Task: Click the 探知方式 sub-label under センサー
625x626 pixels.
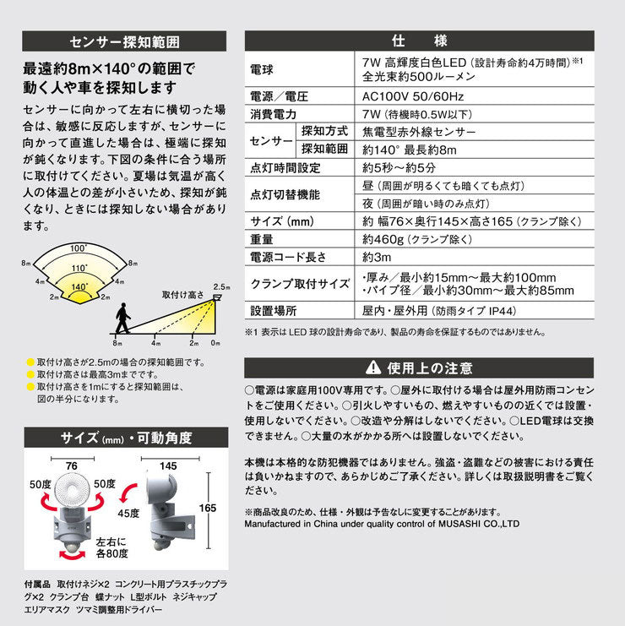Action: [x=324, y=132]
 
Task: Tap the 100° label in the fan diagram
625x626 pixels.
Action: [x=79, y=248]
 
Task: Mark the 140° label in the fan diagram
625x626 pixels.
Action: [x=79, y=287]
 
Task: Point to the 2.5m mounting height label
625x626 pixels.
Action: [x=222, y=286]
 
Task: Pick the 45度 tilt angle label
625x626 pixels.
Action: [x=128, y=513]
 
